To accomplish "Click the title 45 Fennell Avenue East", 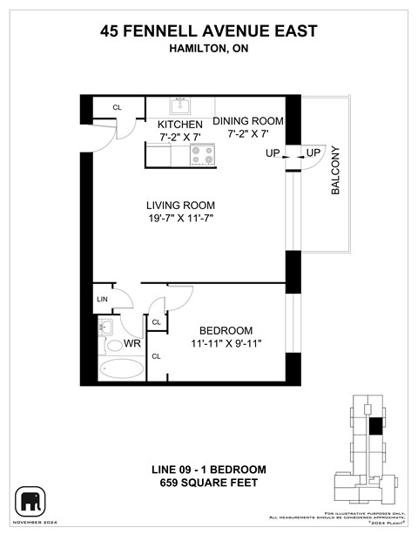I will click(209, 32).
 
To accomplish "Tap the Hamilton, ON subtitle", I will click(209, 50).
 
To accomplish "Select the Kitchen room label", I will click(179, 124).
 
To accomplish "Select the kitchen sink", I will click(179, 106).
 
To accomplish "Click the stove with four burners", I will click(202, 155).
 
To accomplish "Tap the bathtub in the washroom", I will click(120, 369).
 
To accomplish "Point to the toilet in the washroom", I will click(115, 346).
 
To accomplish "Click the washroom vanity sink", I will click(105, 328).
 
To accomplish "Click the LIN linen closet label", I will click(103, 298).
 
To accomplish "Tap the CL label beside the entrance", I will click(117, 108).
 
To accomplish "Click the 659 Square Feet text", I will click(209, 483).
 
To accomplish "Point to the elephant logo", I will click(30, 501).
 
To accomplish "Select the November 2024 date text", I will click(31, 522).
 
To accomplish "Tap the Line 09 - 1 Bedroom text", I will click(209, 470).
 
